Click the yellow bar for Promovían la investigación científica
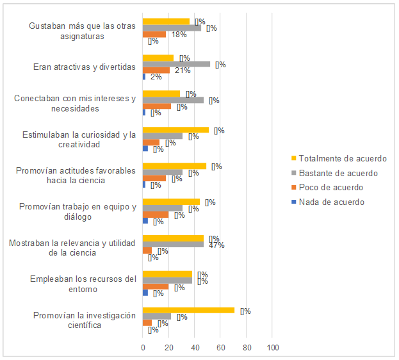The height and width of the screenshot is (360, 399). pos(189,310)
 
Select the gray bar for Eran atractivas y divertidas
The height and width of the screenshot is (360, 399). pos(176,64)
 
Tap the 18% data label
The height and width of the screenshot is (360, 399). pos(179,35)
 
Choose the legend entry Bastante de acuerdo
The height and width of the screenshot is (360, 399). pos(338,173)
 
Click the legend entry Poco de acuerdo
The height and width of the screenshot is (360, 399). pos(330,188)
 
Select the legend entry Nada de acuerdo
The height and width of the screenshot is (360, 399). pos(331,202)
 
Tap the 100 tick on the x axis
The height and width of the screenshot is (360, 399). pos(272,348)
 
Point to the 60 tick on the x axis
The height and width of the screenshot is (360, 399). pos(220,348)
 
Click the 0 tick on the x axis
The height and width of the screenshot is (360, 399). pos(143,348)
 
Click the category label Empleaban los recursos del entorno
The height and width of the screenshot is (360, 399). pos(84,284)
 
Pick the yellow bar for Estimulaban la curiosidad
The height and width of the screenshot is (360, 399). pos(175,130)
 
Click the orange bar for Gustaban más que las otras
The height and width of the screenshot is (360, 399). pos(154,34)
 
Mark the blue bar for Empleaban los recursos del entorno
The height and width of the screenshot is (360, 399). pos(145,293)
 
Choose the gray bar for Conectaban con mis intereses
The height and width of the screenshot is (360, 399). pos(173,100)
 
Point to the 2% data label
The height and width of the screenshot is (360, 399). pos(156,77)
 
